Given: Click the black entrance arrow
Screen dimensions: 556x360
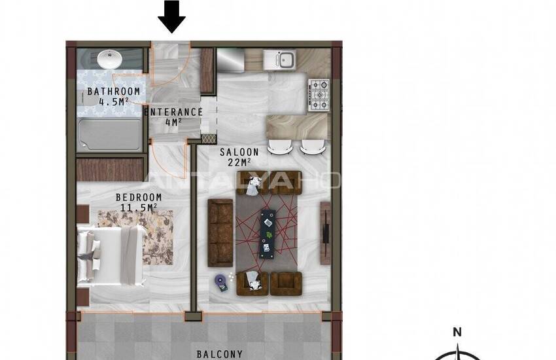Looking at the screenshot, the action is click(x=171, y=16).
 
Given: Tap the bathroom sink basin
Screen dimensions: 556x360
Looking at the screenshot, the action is click(x=110, y=59).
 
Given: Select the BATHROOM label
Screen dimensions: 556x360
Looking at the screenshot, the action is click(x=113, y=91).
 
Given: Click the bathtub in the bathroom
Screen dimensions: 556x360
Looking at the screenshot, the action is click(x=110, y=134).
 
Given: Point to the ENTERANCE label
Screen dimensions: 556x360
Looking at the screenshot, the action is click(x=173, y=112).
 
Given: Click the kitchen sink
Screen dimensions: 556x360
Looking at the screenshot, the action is click(x=279, y=58).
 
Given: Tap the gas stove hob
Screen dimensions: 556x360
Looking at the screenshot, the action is click(x=319, y=95).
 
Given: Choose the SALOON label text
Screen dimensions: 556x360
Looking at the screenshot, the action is click(x=239, y=152).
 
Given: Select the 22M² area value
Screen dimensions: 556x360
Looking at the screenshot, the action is click(x=239, y=162).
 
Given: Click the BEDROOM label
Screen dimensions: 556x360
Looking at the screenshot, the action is click(x=139, y=197).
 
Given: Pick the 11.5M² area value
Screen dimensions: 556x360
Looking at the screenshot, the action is click(x=138, y=207).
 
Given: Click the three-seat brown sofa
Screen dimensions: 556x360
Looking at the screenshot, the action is click(x=220, y=233).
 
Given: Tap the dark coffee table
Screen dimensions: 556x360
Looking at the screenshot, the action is click(x=268, y=234).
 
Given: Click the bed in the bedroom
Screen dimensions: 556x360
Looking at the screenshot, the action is click(x=111, y=255).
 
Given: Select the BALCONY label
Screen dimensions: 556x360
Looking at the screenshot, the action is click(x=220, y=354).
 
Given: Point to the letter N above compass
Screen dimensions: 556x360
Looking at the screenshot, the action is click(x=457, y=333).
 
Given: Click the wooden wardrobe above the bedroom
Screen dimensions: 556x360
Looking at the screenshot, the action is click(x=111, y=170).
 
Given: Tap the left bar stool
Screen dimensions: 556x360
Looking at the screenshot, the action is click(x=280, y=147).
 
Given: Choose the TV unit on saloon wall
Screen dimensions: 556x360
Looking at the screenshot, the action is click(x=326, y=233).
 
